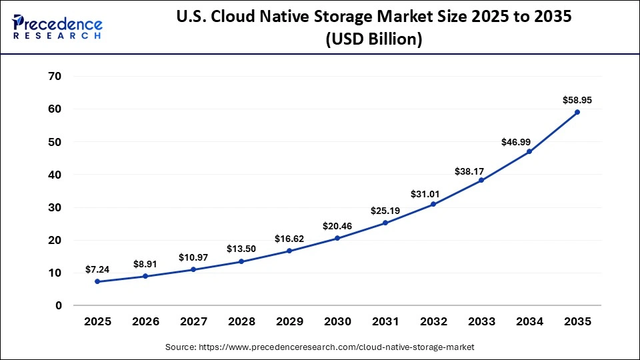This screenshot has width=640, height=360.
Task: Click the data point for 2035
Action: tap(577, 112)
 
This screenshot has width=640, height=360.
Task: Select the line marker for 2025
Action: tap(97, 281)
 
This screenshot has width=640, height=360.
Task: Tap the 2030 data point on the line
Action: tap(337, 238)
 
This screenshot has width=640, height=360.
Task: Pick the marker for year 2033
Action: tap(481, 180)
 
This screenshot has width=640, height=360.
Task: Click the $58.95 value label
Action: tap(577, 101)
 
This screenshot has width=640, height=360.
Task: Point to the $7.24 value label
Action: tap(97, 269)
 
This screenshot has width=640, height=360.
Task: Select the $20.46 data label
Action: tap(337, 226)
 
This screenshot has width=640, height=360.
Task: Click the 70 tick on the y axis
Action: tap(55, 77)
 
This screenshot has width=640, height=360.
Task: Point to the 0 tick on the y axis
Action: tap(59, 306)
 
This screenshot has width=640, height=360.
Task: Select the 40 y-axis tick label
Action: tap(55, 175)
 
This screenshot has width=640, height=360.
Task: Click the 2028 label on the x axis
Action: tap(241, 322)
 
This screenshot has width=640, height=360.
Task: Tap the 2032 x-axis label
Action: tap(433, 322)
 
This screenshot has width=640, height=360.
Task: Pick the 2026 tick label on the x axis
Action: tap(145, 322)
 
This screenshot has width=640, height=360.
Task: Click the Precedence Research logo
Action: tap(57, 27)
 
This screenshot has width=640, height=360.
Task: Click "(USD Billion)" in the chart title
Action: tap(374, 40)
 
